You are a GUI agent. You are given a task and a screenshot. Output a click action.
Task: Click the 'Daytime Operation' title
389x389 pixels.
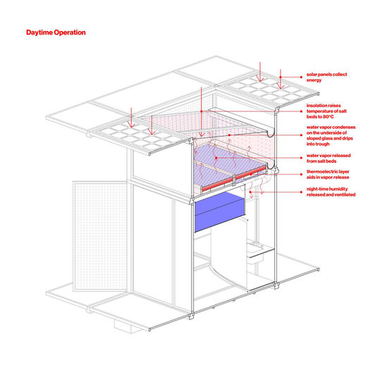56,32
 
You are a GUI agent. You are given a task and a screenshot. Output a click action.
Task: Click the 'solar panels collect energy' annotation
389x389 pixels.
326,77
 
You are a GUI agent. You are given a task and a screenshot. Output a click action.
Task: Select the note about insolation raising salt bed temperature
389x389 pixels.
326,111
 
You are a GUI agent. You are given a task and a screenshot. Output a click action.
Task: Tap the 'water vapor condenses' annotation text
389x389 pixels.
331,135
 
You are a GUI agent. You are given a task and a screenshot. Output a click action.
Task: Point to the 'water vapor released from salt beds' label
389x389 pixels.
328,159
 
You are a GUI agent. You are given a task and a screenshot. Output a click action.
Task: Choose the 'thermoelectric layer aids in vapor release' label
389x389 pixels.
328,174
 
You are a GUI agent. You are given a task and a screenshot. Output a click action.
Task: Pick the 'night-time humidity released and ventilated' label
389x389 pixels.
331,192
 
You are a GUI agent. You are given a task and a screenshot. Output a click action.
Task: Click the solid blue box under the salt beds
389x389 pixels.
220,212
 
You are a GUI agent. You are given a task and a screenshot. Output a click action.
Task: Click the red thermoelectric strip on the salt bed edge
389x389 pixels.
234,179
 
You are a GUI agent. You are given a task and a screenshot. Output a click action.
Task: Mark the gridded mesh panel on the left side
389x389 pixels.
100,236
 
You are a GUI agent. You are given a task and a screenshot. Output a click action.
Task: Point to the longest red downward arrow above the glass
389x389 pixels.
202,112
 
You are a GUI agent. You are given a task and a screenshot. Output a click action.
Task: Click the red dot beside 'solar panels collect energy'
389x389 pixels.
301,77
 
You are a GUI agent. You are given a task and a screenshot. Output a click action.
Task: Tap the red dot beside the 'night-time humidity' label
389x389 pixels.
301,192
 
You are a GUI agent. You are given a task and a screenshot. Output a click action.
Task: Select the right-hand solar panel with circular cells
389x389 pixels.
268,89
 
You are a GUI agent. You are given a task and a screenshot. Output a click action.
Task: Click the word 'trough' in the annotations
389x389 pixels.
322,144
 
